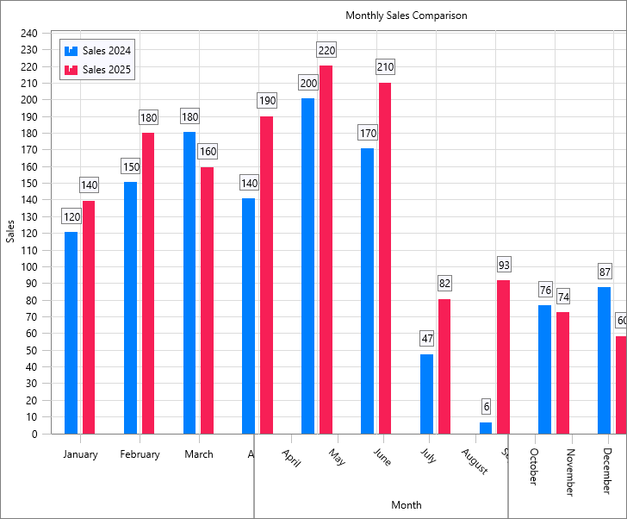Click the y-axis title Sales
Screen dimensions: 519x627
[10, 231]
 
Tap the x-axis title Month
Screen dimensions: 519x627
[406, 504]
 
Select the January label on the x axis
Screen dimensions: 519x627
[80, 454]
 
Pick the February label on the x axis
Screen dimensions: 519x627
[140, 454]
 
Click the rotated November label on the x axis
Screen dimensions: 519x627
[569, 472]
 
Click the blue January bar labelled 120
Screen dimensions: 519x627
[71, 333]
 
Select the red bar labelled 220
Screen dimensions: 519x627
[326, 249]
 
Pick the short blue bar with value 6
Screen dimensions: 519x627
[486, 428]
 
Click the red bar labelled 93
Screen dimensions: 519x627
[503, 356]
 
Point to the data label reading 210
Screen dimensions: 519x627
[385, 66]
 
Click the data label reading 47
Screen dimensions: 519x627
[426, 338]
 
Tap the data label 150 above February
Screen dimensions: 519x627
[130, 166]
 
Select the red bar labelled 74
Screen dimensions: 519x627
[562, 372]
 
